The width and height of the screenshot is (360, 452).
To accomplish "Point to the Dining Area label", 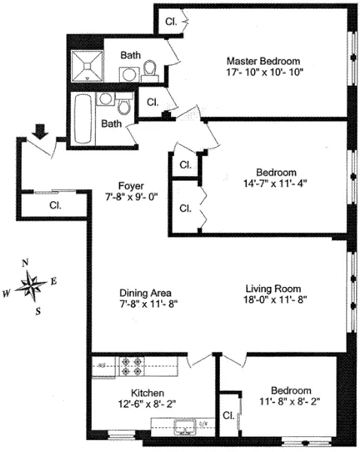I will (148, 292).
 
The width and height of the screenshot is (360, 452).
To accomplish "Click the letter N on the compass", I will (26, 263).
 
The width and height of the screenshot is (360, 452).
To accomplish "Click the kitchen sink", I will (185, 428).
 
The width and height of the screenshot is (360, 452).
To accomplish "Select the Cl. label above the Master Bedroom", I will (172, 22).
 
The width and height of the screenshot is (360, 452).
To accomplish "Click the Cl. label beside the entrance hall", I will (56, 204).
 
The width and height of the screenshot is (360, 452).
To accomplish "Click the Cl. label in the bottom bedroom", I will (228, 416).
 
